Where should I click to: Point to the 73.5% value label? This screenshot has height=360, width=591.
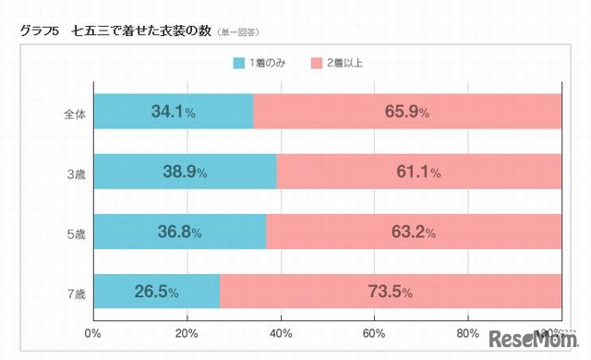click(x=392, y=293)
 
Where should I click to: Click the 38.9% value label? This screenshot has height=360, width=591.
click(x=178, y=173)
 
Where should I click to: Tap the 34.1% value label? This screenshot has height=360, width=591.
click(x=173, y=113)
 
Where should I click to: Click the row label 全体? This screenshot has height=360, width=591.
click(x=74, y=114)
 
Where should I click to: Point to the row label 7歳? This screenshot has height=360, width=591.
click(x=76, y=294)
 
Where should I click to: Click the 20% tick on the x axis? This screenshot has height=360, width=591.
click(x=187, y=333)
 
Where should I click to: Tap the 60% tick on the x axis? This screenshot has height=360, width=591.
click(x=374, y=333)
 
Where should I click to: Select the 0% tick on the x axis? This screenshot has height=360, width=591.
click(x=92, y=333)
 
